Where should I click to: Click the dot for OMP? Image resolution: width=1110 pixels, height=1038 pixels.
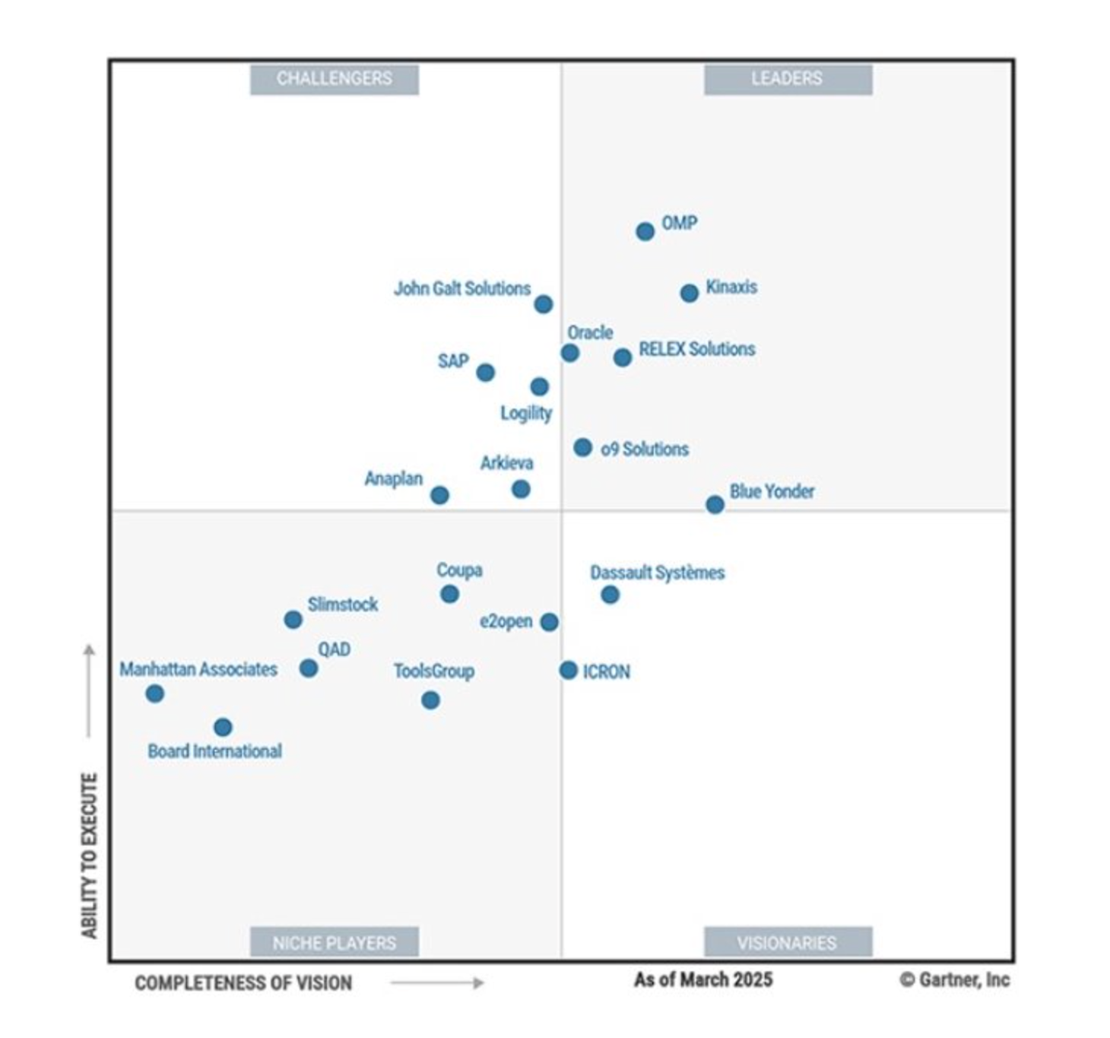coord(645,231)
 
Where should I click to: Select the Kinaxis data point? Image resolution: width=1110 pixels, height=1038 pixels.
coord(689,293)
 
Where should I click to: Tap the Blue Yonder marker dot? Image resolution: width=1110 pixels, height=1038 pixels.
coord(715,504)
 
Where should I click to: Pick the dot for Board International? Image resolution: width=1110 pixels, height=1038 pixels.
coord(223,727)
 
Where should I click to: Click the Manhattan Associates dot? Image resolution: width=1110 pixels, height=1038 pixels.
coord(155,693)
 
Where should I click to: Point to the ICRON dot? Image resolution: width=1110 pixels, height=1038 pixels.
coord(568,670)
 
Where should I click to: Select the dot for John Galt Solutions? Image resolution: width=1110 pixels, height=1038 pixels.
coord(543,304)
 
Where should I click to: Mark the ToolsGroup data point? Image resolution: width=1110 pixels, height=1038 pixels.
coord(430,700)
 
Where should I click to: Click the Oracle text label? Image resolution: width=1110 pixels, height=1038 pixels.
coord(590,332)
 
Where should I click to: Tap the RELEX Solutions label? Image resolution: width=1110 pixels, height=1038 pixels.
coord(696,349)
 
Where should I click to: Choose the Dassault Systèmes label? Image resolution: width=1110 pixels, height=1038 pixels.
coord(657,573)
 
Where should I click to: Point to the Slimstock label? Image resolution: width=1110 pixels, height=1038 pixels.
coord(342,605)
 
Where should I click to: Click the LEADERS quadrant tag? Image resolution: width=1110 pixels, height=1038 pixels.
coord(788,79)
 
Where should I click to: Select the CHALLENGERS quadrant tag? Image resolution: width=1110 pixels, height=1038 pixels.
coord(335,79)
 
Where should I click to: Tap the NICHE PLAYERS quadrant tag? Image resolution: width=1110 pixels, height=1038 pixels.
coord(335,943)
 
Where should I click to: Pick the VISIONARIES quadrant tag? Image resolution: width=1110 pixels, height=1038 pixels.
coord(788,943)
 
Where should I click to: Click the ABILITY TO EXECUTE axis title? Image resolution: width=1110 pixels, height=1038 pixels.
coord(90,855)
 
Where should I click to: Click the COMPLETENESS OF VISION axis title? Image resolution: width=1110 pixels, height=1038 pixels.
coord(243,983)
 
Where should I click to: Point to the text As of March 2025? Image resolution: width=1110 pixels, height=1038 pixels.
coord(703,979)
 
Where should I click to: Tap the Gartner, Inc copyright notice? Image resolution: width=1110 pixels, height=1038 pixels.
coord(955,979)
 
